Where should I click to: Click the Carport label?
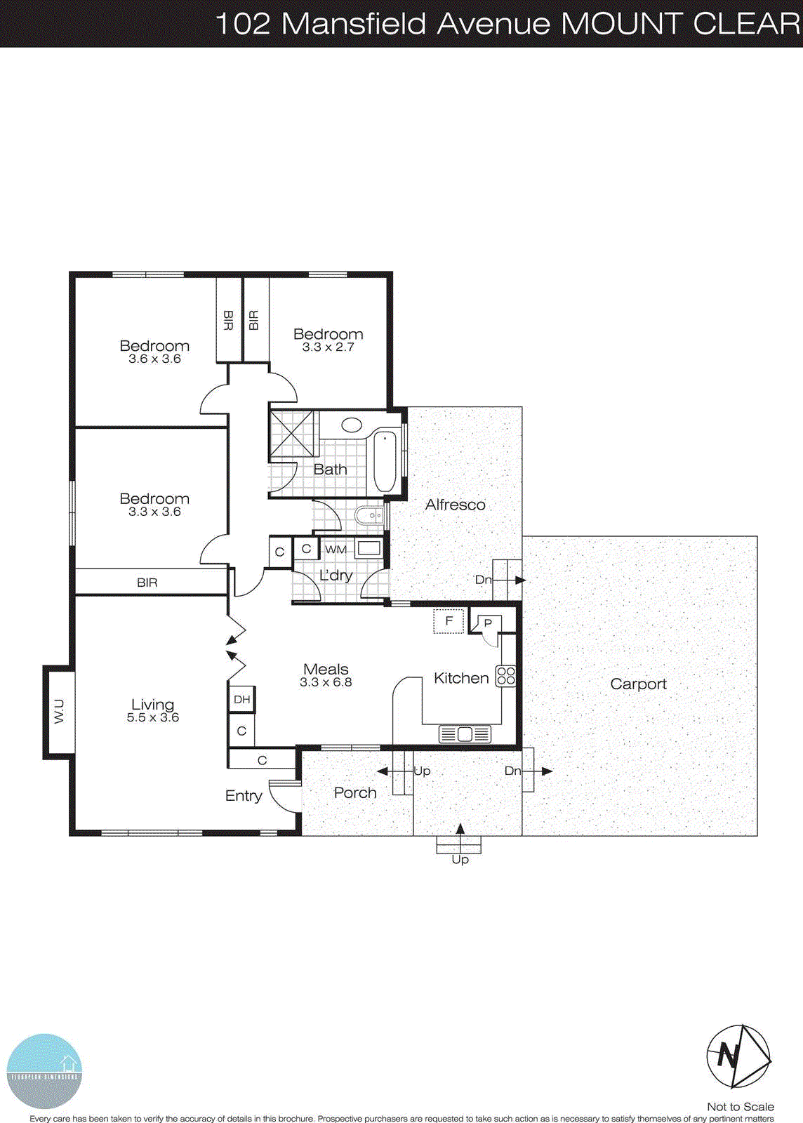[638, 684]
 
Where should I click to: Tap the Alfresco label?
[455, 504]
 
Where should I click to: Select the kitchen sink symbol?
[465, 734]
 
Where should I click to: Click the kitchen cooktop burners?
[506, 676]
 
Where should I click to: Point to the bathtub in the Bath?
[385, 462]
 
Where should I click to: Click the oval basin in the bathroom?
[351, 425]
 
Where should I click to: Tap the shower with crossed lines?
[294, 434]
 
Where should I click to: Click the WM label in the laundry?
[336, 550]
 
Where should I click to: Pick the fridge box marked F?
[449, 621]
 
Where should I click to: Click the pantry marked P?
[488, 623]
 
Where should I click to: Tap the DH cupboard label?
[241, 700]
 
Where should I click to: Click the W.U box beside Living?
[60, 711]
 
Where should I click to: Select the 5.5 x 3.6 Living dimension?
[153, 717]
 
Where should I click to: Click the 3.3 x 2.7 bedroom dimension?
[328, 347]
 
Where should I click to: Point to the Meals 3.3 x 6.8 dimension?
[326, 682]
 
